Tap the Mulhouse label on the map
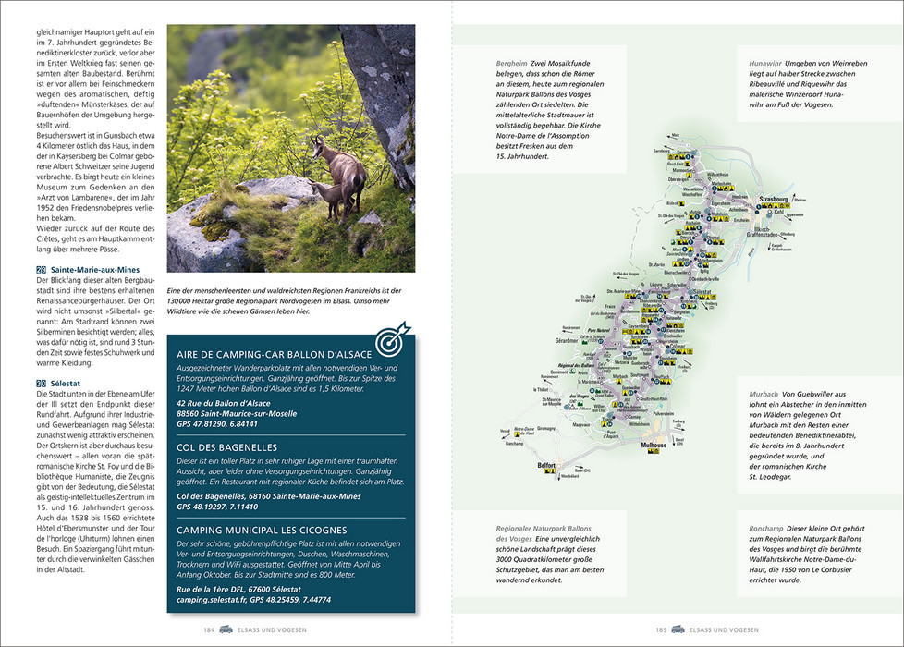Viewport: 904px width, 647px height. click(x=653, y=445)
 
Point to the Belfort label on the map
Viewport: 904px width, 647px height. click(x=546, y=465)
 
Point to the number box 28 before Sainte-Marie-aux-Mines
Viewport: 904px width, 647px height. click(x=41, y=269)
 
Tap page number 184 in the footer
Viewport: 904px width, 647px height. click(x=210, y=630)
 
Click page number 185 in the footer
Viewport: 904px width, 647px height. click(x=661, y=630)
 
